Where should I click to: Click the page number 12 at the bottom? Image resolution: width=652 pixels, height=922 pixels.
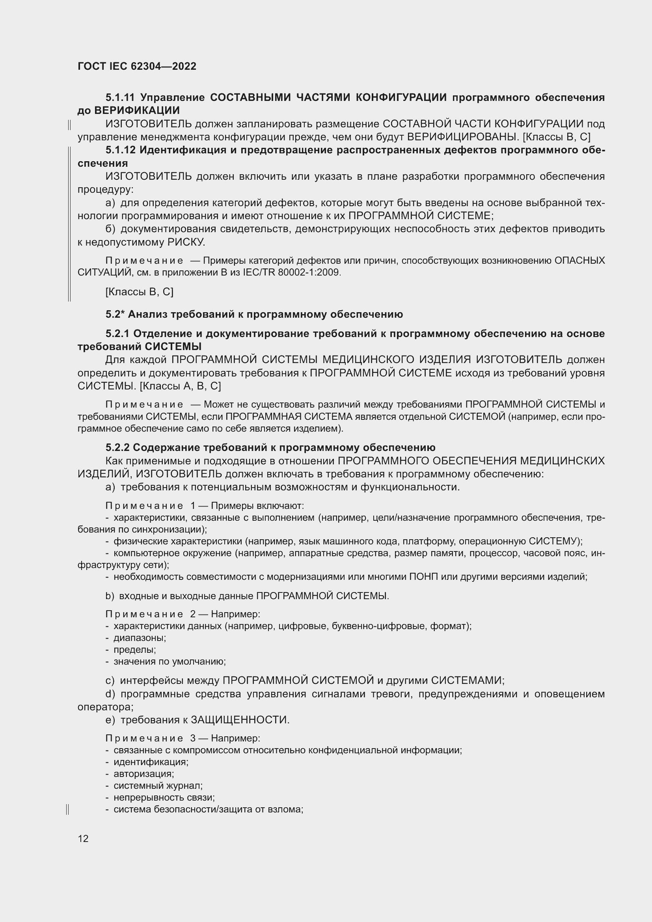pyautogui.click(x=83, y=838)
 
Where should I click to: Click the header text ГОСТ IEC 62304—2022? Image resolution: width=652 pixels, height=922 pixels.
pyautogui.click(x=137, y=67)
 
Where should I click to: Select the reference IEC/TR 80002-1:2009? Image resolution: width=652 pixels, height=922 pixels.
pyautogui.click(x=291, y=273)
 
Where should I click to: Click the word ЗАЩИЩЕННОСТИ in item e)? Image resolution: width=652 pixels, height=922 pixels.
pyautogui.click(x=239, y=720)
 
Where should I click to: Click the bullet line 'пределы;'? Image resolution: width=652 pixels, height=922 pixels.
pyautogui.click(x=134, y=649)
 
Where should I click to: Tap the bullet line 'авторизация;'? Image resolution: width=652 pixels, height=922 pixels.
pyautogui.click(x=143, y=774)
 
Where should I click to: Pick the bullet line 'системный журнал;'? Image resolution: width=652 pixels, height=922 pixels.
pyautogui.click(x=158, y=786)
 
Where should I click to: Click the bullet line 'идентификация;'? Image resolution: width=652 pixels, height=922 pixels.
pyautogui.click(x=151, y=762)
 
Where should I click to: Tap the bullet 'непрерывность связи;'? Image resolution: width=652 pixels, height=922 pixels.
pyautogui.click(x=164, y=797)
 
